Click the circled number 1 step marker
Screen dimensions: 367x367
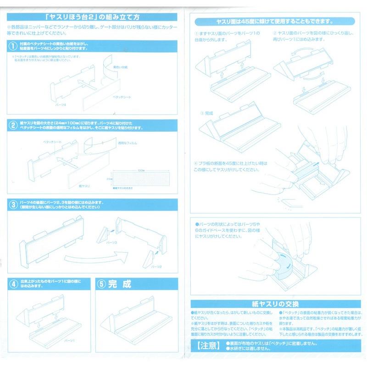click(x=12, y=45)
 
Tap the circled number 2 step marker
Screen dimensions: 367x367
click(x=12, y=125)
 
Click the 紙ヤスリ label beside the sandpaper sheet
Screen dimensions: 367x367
click(x=84, y=186)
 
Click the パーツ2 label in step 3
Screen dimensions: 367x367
click(x=158, y=266)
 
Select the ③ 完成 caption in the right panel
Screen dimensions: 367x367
click(x=209, y=113)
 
